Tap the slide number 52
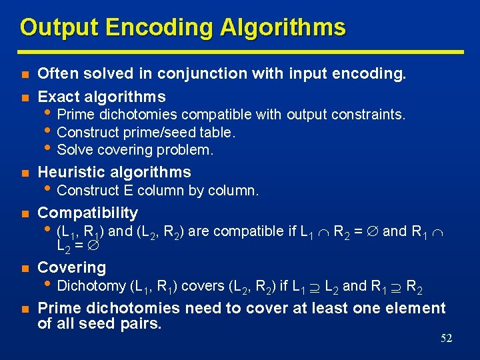tap(446, 338)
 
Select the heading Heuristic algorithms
tap(115, 172)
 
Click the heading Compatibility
tap(88, 213)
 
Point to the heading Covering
tap(72, 268)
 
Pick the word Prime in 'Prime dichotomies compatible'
tap(76, 115)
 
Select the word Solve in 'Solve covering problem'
tap(75, 150)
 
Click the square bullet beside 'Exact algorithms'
tap(24, 97)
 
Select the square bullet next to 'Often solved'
tap(24, 75)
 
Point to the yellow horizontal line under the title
tap(240, 51)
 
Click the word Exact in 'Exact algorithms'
tap(58, 96)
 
